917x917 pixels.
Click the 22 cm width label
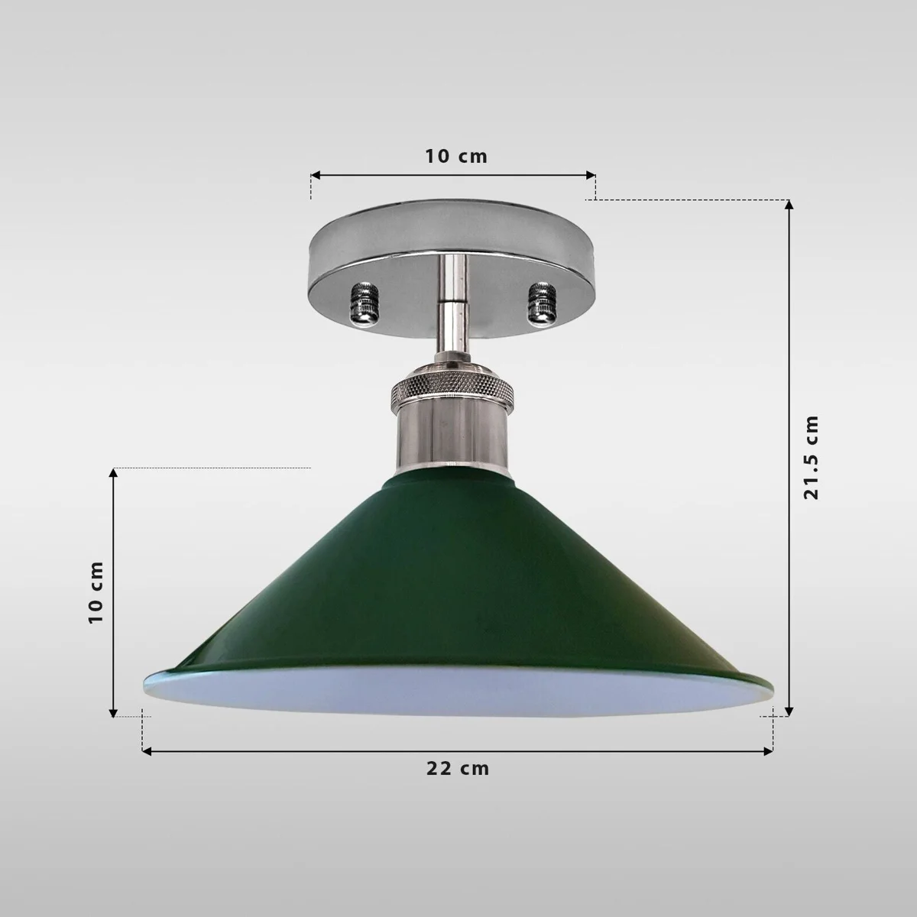click(x=458, y=769)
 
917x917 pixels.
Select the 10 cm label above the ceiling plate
click(x=456, y=156)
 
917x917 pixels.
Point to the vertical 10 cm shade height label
click(x=96, y=591)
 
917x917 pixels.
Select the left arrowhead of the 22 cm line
click(x=147, y=752)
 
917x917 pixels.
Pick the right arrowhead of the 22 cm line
click(x=769, y=752)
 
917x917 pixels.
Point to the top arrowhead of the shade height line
click(x=114, y=473)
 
